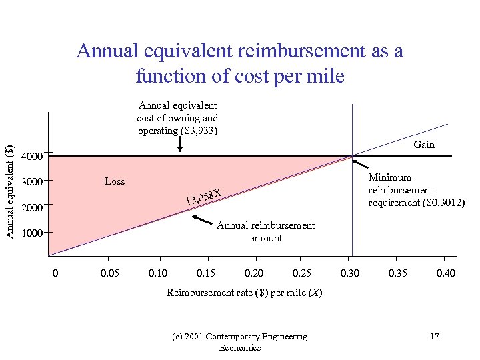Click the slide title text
[240, 63]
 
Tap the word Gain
[424, 145]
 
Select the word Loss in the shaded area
[115, 181]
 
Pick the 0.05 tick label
[110, 273]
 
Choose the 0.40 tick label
[446, 273]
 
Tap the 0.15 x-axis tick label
[206, 273]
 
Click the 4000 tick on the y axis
[32, 158]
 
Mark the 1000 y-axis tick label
[32, 234]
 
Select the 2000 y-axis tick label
[32, 208]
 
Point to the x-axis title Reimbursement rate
[244, 293]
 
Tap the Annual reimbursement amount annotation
[265, 231]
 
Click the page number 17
[434, 337]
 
